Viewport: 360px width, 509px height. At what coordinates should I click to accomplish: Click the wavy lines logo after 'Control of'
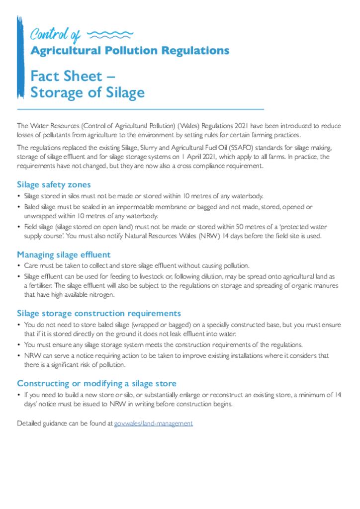pyautogui.click(x=110, y=34)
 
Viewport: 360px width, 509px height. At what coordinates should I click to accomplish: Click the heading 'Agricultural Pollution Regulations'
pyautogui.click(x=130, y=51)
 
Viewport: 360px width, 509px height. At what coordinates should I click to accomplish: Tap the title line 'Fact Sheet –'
pyautogui.click(x=73, y=76)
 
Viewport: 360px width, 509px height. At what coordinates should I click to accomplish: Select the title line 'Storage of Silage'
pyautogui.click(x=88, y=92)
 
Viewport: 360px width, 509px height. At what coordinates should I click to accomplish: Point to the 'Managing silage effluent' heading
pyautogui.click(x=64, y=255)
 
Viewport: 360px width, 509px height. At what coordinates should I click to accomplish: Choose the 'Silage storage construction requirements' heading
pyautogui.click(x=99, y=314)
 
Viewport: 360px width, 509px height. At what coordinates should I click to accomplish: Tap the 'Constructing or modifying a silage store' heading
pyautogui.click(x=96, y=383)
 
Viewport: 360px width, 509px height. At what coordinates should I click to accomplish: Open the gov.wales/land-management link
pyautogui.click(x=153, y=424)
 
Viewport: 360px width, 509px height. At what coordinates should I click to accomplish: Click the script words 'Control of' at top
pyautogui.click(x=55, y=34)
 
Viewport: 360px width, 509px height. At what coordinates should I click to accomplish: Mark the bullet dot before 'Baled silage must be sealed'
pyautogui.click(x=19, y=206)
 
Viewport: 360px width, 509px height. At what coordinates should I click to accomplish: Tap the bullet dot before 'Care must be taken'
pyautogui.click(x=19, y=266)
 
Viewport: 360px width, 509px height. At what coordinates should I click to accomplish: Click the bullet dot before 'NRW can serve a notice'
pyautogui.click(x=19, y=356)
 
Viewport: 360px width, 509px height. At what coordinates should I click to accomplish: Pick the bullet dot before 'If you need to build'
pyautogui.click(x=19, y=395)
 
